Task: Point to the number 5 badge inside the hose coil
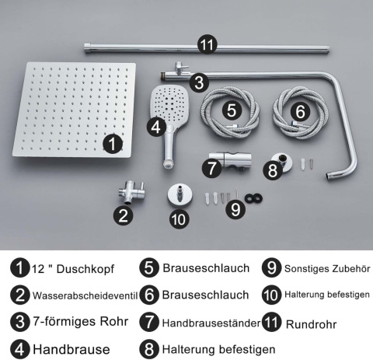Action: [231, 110]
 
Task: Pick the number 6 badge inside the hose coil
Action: [298, 111]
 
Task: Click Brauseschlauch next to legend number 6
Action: [206, 295]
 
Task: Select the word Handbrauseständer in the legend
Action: [208, 322]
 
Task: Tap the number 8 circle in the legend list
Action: [150, 349]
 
